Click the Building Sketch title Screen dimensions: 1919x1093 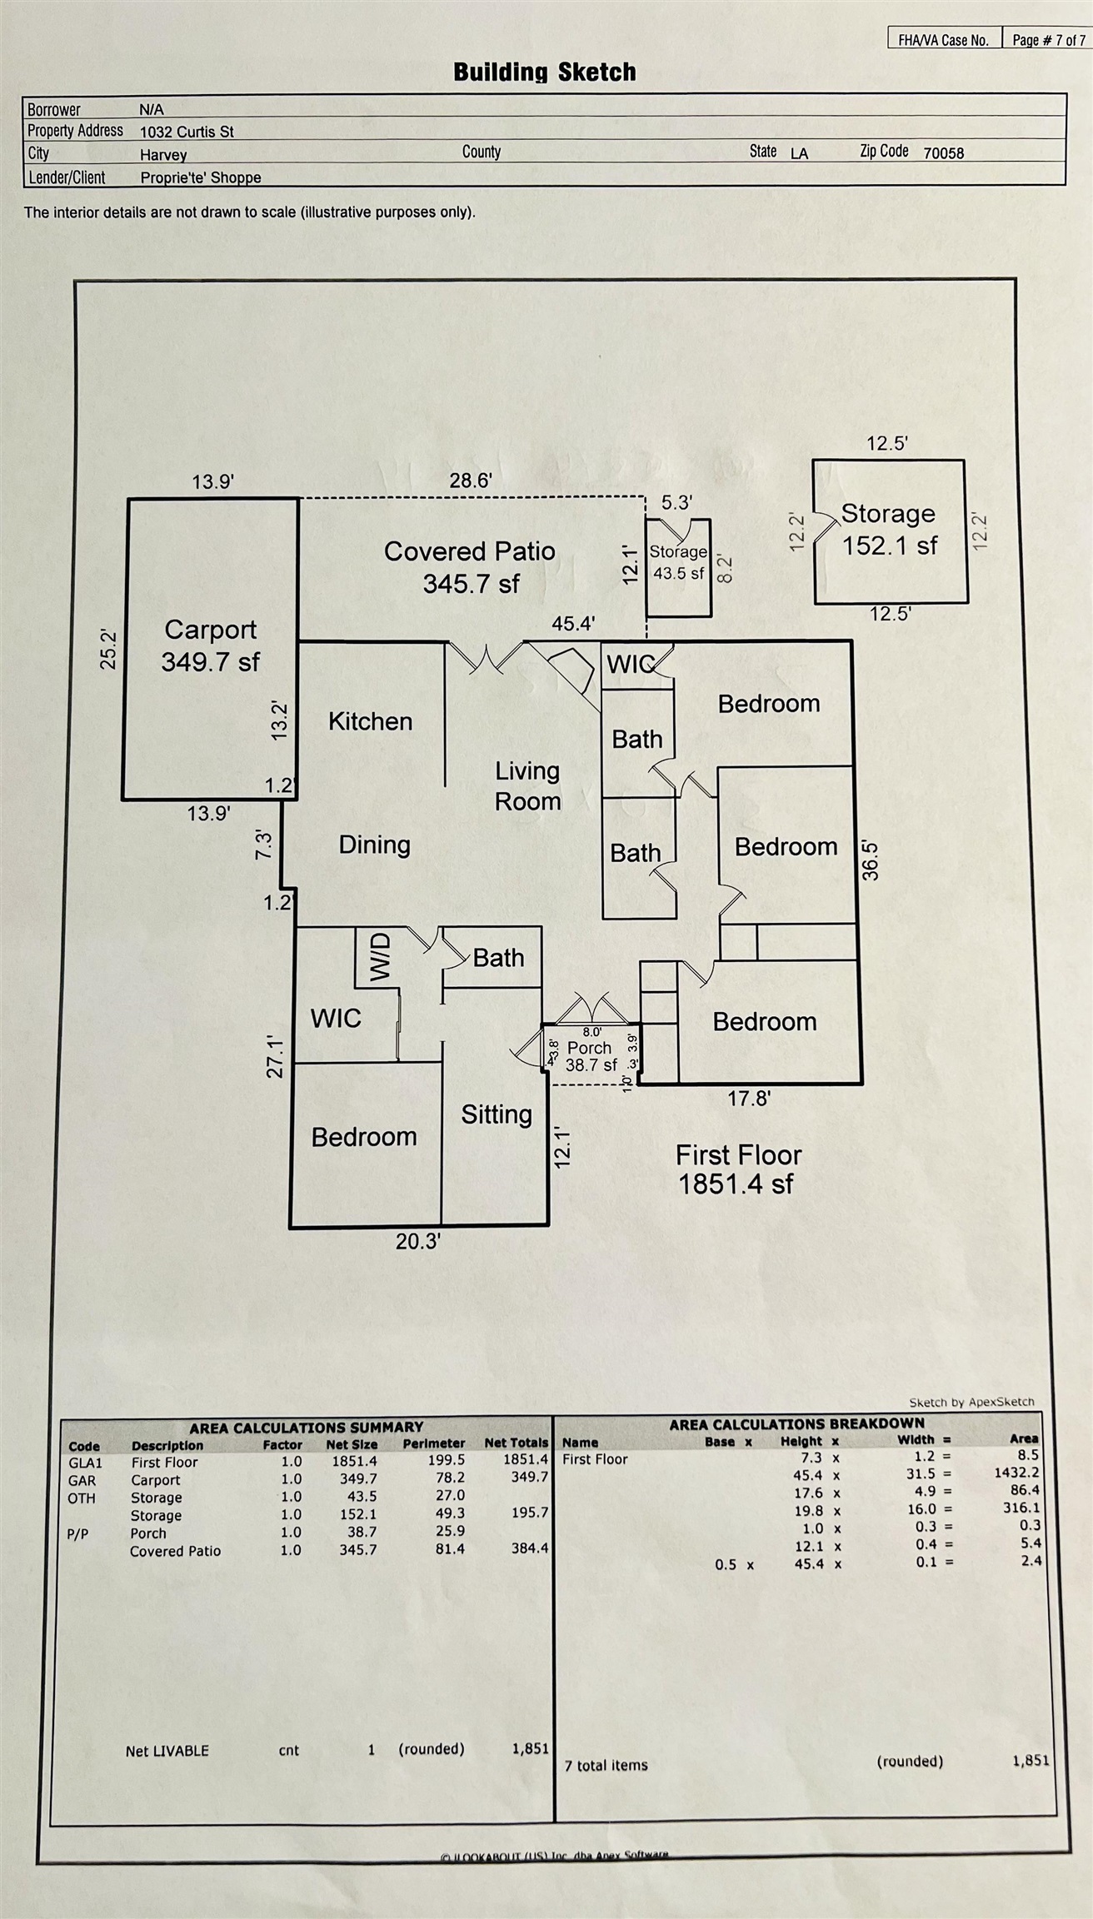click(544, 72)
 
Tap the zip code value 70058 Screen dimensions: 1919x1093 click(943, 153)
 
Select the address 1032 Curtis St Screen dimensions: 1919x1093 click(187, 132)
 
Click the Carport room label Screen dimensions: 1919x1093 click(210, 645)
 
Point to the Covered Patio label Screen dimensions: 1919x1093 click(470, 566)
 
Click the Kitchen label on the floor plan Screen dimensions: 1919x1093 click(370, 721)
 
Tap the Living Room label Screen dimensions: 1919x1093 click(527, 786)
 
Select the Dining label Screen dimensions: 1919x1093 click(374, 845)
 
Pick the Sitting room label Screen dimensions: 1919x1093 click(497, 1114)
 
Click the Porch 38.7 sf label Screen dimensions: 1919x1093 click(591, 1056)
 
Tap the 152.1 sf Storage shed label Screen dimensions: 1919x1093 click(889, 530)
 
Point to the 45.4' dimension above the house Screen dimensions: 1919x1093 click(573, 624)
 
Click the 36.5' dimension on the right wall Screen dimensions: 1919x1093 click(870, 860)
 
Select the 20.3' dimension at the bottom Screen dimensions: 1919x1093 click(418, 1242)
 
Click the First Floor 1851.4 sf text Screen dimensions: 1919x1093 click(737, 1169)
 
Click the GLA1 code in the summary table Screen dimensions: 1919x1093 click(85, 1463)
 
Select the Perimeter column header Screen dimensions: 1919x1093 click(433, 1444)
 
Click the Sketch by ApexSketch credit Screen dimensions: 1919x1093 click(971, 1403)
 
